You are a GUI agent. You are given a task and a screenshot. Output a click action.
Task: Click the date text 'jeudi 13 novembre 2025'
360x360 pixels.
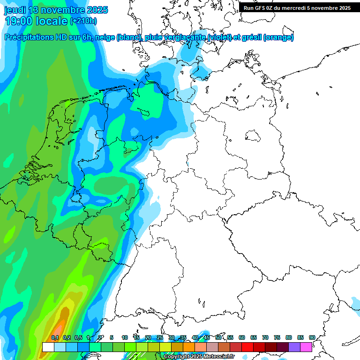point(56,10)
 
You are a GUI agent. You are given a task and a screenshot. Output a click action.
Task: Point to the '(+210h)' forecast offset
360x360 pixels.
point(83,21)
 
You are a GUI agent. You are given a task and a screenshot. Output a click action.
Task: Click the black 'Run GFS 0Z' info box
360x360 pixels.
point(297,7)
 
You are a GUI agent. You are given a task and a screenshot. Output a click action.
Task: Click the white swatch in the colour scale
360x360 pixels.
point(48,347)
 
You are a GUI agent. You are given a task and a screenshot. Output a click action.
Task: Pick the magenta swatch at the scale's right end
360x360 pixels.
point(306,347)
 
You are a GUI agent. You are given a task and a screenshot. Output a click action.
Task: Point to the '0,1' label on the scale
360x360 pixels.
point(55,338)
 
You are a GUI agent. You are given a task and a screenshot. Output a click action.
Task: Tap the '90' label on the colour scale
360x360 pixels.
point(312,338)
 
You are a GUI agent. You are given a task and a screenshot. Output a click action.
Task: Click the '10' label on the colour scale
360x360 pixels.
point(125,338)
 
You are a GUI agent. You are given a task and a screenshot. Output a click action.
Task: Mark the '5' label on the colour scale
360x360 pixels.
point(112,338)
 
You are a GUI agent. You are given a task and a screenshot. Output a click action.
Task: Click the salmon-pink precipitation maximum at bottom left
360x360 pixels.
point(59,328)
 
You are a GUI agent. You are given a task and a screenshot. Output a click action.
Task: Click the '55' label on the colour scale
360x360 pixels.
point(230,338)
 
